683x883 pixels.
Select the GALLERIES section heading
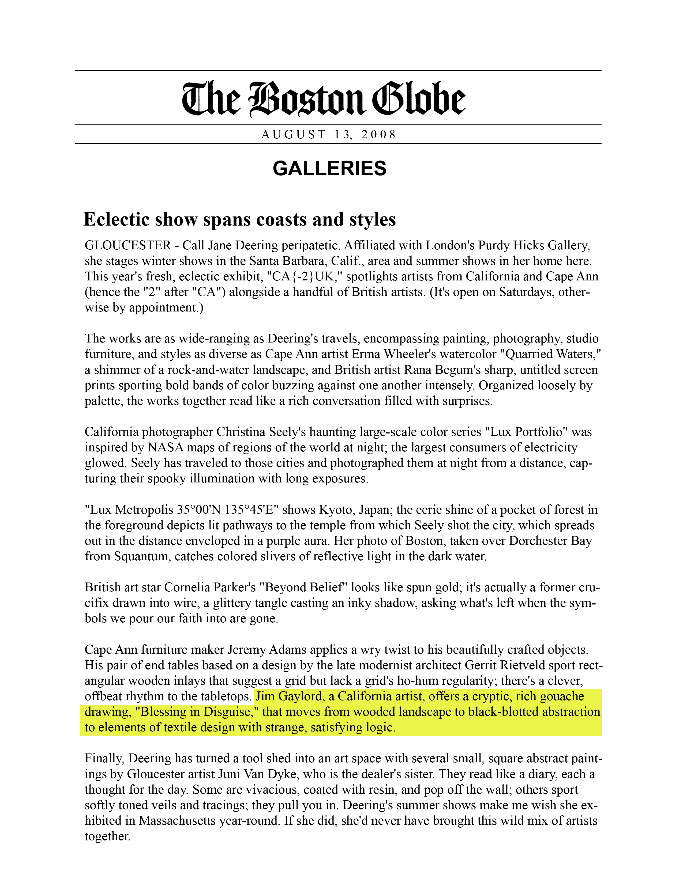point(329,168)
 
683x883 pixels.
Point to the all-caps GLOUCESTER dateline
point(128,245)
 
